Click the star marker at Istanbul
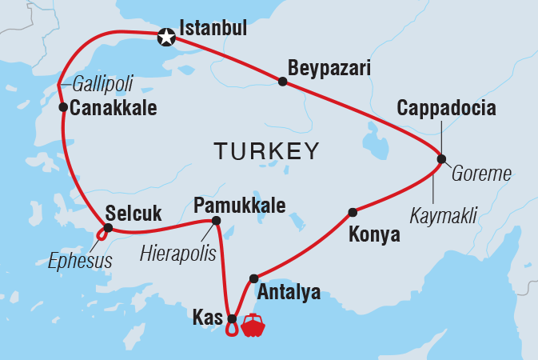point(166,36)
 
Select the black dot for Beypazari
point(282,82)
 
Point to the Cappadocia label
point(446,108)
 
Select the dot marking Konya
point(352,213)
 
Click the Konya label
point(374,237)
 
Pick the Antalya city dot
point(253,278)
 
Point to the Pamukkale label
point(240,206)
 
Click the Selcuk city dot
point(106,229)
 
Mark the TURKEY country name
point(265,151)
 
